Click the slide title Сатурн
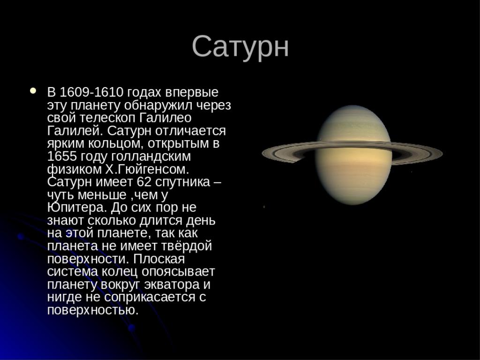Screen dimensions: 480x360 pyautogui.click(x=240, y=46)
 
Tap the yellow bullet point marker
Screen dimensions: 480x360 pyautogui.click(x=33, y=90)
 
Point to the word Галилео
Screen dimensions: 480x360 pyautogui.click(x=165, y=118)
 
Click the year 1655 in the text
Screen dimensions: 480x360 pyautogui.click(x=62, y=156)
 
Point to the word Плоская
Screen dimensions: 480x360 pyautogui.click(x=159, y=259)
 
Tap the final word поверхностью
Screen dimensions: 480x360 pyautogui.click(x=93, y=310)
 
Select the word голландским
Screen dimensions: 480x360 pyautogui.click(x=151, y=157)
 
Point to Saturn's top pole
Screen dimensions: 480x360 pyautogui.click(x=353, y=106)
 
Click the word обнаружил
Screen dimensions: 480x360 pyautogui.click(x=158, y=105)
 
